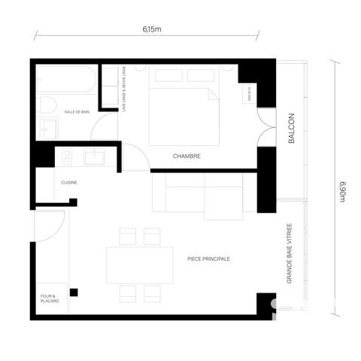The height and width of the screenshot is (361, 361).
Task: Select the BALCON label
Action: coord(292,129)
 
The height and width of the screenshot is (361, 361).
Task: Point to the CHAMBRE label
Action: coord(187,156)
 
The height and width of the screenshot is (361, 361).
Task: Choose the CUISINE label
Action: coord(69,183)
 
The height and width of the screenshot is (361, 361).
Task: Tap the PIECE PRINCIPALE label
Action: coord(208,259)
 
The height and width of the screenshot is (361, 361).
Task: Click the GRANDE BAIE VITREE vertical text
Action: coord(289,253)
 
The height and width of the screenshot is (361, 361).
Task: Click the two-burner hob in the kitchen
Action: coord(65,158)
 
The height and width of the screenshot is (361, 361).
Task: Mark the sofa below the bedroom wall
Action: coord(198,193)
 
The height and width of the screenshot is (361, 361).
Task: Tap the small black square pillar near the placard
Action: coord(74,292)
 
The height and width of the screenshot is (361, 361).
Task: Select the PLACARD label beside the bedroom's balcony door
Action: coord(248,94)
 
